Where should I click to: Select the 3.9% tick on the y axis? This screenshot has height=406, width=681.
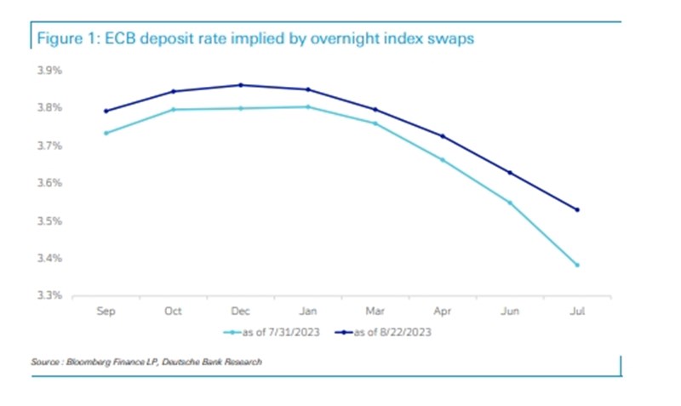coord(49,71)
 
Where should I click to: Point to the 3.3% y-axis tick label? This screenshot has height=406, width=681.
coord(49,296)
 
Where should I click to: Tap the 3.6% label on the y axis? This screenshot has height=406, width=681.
coord(49,184)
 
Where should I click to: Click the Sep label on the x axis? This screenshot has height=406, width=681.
coord(106,312)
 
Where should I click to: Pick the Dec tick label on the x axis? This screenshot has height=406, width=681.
coord(240,312)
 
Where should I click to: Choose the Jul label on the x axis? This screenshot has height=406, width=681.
coord(577,312)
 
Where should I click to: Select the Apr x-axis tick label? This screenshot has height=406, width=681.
coord(443,312)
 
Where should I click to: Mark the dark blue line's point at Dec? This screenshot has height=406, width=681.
coord(241,85)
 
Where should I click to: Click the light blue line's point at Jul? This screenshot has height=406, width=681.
coord(577,265)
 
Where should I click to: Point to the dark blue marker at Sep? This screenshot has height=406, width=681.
coord(106,111)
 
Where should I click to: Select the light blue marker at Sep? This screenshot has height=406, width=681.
coord(106,133)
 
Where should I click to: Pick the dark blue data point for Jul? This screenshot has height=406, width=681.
coord(577,209)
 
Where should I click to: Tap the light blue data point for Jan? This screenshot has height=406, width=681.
coord(308,107)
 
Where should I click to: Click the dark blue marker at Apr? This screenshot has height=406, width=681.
coord(443,136)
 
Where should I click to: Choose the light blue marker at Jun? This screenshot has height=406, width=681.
coord(510,203)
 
